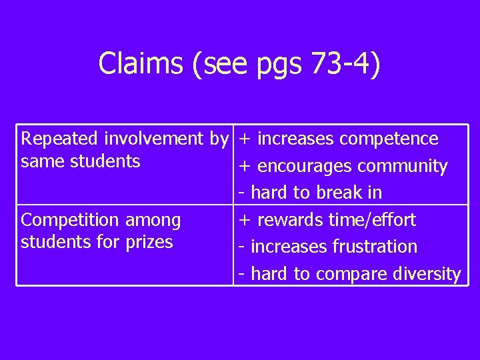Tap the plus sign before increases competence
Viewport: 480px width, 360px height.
coord(245,139)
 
